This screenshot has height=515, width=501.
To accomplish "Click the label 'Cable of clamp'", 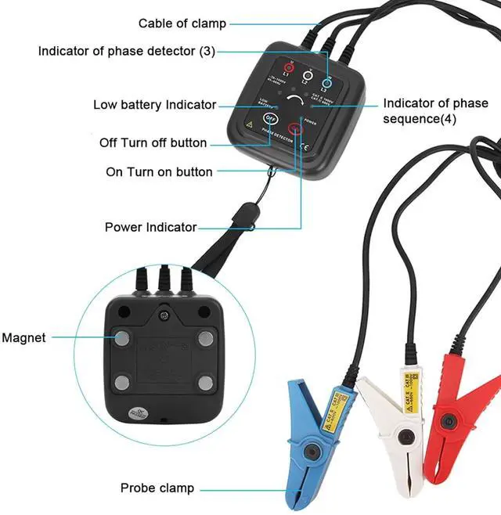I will pos(182,23).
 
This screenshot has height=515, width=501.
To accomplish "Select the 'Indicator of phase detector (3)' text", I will pos(126,52).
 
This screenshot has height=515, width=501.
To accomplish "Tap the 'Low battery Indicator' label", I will pos(154,105).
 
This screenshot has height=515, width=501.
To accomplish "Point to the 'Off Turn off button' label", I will pos(153,143).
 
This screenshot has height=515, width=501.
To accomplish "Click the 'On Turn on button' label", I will pos(159,171).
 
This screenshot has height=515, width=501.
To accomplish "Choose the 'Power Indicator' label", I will pos(150,227).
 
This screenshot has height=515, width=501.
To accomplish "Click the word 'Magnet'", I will pos(23,338).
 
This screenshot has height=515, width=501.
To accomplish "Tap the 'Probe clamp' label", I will pos(157,488).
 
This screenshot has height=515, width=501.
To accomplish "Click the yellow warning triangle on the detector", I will pos(250,124).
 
